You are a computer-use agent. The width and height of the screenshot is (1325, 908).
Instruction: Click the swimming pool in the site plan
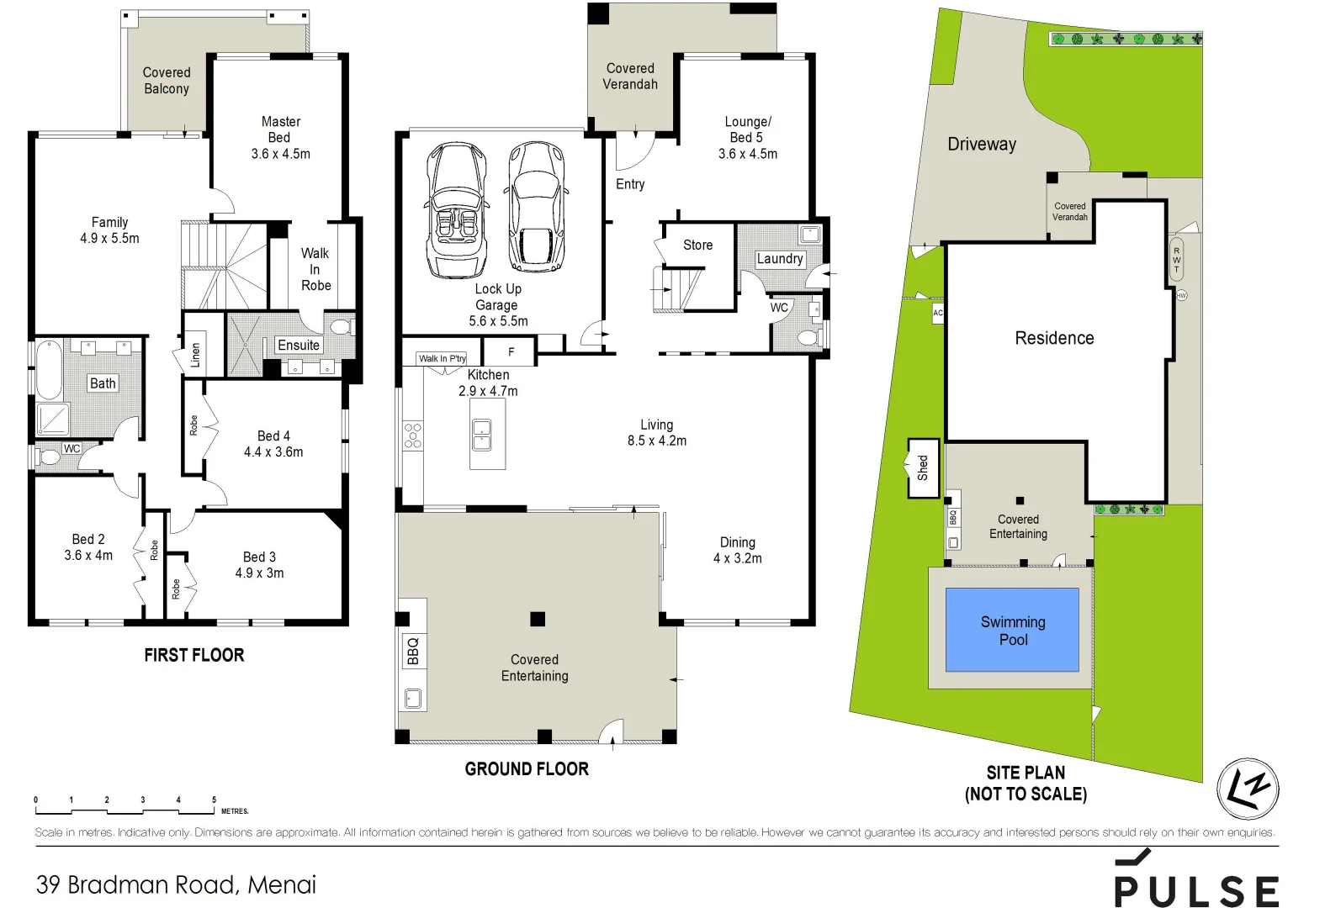tap(1012, 630)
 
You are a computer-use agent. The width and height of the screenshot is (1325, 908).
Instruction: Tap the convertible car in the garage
tap(456, 210)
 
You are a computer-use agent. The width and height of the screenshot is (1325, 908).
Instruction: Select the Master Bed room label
tap(280, 129)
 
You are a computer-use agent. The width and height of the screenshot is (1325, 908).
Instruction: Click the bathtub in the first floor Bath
tap(49, 369)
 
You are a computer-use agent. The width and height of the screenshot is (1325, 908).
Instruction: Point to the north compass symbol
tap(1248, 789)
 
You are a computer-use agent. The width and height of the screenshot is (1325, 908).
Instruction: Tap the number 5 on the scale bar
tap(214, 800)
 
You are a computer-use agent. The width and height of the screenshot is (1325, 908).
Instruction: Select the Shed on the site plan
tap(923, 467)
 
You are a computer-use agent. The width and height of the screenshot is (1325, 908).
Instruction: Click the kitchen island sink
tap(482, 435)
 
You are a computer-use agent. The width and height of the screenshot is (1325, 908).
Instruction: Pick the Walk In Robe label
tap(315, 269)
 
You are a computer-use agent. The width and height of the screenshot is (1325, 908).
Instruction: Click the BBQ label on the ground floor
tap(412, 651)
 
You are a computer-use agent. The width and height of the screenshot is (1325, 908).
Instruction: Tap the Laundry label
tap(779, 259)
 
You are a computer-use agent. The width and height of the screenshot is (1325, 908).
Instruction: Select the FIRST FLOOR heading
tap(193, 655)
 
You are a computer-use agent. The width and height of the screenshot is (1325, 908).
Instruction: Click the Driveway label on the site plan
tap(982, 144)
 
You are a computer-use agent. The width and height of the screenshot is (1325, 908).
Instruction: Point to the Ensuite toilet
tap(341, 326)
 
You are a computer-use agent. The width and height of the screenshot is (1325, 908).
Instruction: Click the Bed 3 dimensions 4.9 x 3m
tap(259, 573)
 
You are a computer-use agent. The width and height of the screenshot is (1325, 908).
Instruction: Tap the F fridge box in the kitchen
tap(510, 351)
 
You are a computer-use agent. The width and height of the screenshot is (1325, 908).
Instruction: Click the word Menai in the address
tap(282, 884)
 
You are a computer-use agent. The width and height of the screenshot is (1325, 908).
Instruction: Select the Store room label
tap(697, 245)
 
